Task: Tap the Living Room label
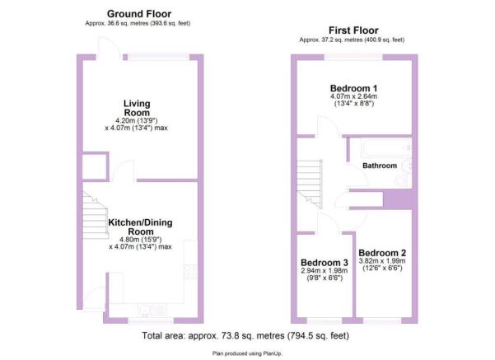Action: click(136, 108)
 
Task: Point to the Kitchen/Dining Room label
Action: click(140, 227)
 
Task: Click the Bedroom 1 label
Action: click(353, 88)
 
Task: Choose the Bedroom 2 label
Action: click(382, 253)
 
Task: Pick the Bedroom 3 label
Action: click(324, 262)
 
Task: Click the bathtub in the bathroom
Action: click(378, 149)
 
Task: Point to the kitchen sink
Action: click(152, 311)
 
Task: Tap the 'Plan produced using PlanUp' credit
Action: click(246, 352)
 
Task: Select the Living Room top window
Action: click(156, 56)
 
